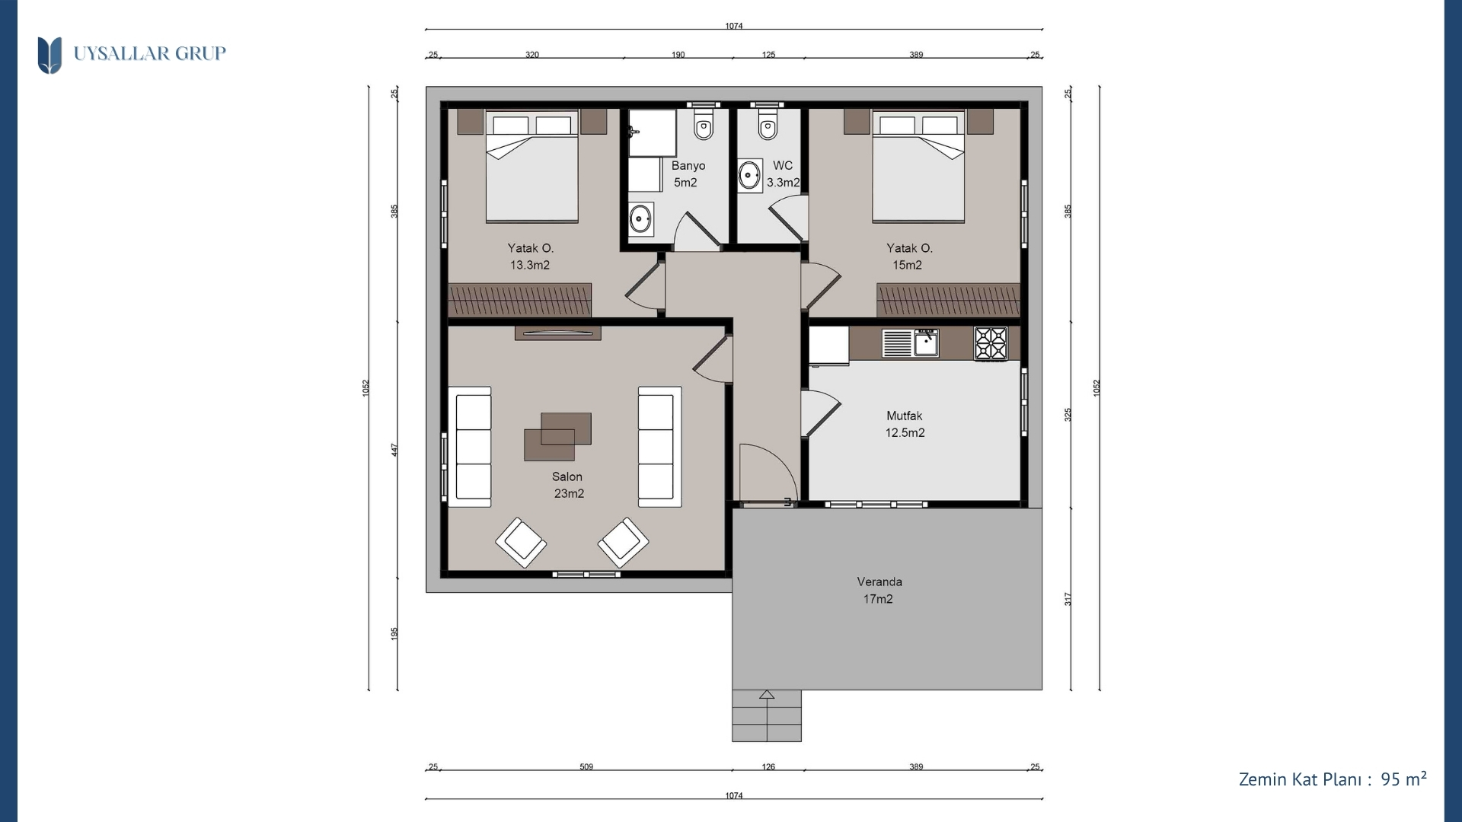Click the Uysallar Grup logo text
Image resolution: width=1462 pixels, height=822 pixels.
coord(149,53)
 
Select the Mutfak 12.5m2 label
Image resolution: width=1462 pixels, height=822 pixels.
coord(905,424)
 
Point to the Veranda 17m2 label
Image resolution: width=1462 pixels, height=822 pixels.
coord(879,590)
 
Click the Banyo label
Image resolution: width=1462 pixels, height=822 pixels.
coord(688,165)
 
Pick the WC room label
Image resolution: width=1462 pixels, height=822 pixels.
coord(783,165)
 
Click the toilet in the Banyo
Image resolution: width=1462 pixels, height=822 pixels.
coord(704,126)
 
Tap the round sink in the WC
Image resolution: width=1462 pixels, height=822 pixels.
coord(750,176)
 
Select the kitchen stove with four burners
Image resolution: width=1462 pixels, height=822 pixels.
coord(991,343)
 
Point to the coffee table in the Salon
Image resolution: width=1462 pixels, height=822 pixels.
coord(557,437)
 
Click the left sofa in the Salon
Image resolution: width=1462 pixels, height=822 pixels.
coord(469,447)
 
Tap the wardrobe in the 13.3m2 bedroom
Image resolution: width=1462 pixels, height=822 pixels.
coord(519,300)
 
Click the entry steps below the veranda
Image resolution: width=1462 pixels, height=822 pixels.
coord(767,715)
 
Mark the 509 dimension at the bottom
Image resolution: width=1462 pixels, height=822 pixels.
coord(586,766)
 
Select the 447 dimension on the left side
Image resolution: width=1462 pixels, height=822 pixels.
coord(394,450)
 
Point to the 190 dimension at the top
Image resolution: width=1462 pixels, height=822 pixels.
coord(678,55)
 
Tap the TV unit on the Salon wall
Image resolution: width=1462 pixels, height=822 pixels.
coord(558,333)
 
